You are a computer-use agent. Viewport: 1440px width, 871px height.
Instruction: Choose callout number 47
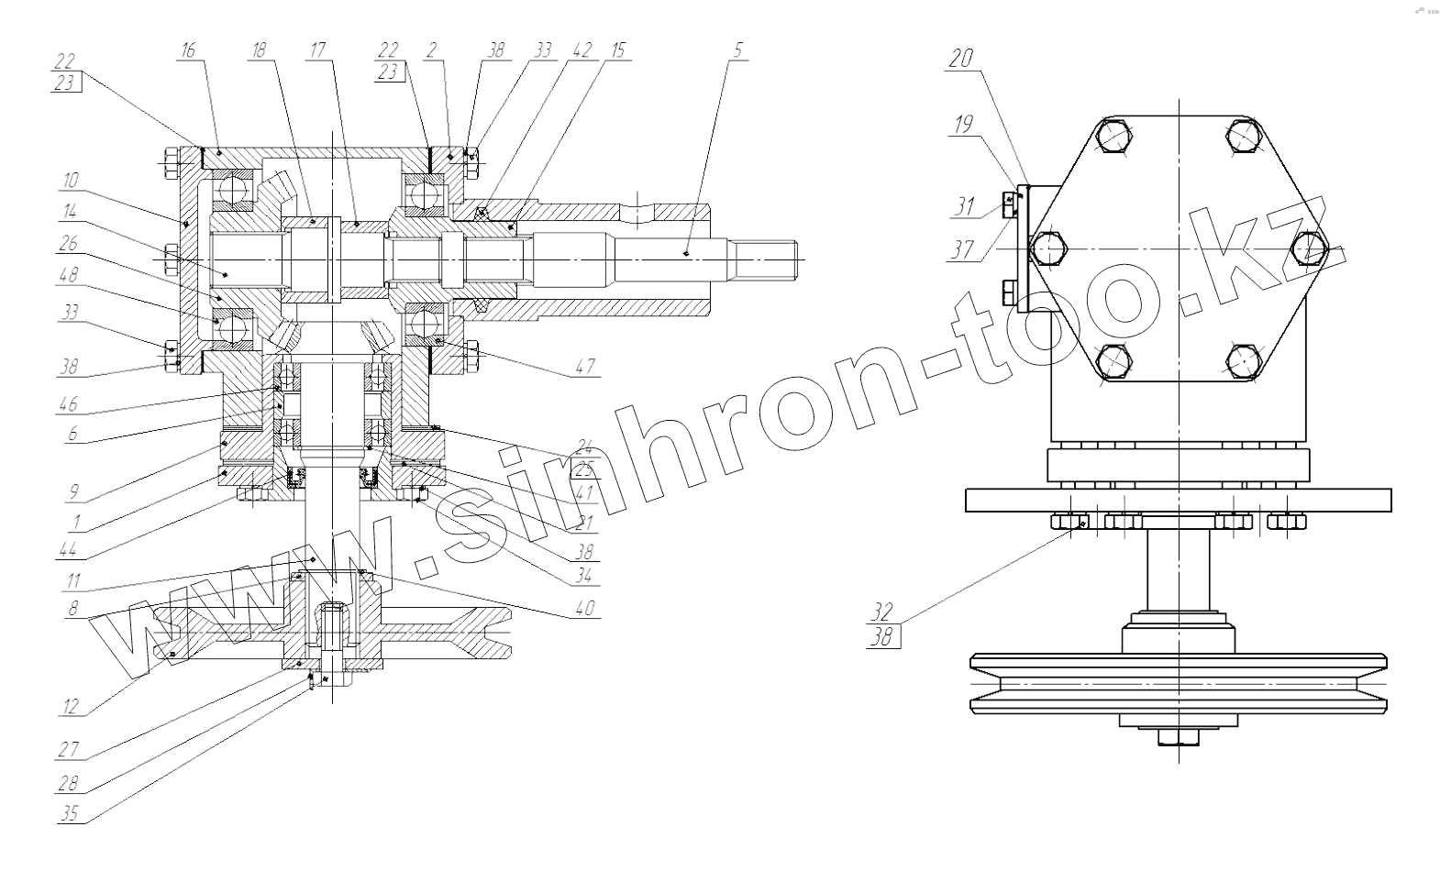click(x=585, y=367)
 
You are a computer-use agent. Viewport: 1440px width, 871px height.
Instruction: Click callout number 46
click(x=69, y=403)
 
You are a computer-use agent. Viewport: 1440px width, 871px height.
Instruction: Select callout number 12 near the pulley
click(x=70, y=707)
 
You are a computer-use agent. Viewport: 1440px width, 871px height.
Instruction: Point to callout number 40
click(x=585, y=608)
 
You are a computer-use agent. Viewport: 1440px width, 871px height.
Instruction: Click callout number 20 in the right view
click(x=959, y=60)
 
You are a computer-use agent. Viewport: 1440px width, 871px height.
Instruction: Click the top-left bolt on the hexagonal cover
click(x=1113, y=135)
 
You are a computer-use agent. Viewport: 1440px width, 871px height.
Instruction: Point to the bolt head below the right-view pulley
click(x=1176, y=737)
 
